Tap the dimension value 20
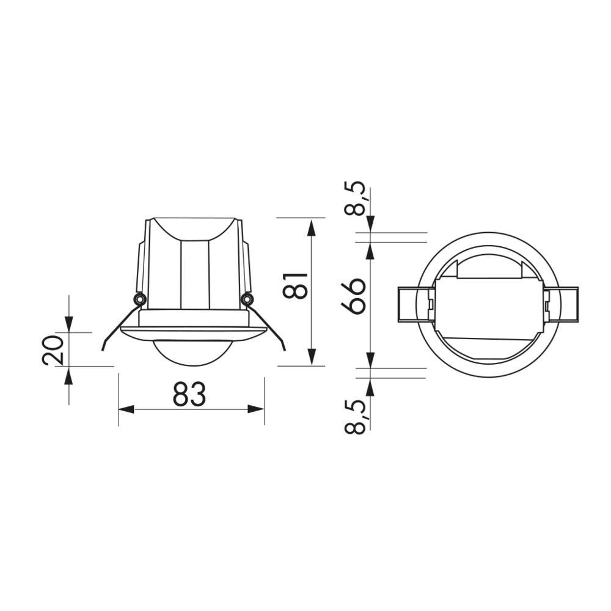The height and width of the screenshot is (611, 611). [x=53, y=349]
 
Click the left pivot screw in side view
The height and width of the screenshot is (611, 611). [x=139, y=299]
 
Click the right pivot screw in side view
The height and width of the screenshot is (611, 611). [x=247, y=299]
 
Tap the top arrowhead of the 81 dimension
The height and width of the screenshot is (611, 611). [x=312, y=227]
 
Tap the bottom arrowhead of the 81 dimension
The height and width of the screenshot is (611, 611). [x=312, y=357]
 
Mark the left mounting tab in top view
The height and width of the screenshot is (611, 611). [x=407, y=304]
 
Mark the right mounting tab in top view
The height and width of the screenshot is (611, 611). [x=568, y=304]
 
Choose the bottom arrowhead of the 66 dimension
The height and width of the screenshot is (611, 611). [x=370, y=360]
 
